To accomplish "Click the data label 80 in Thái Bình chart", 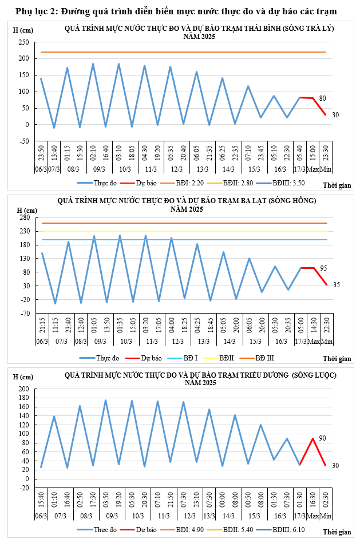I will (322, 98).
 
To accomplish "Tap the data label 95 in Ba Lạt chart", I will (323, 268).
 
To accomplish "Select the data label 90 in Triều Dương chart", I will (322, 438).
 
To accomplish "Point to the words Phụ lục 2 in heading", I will (35, 11).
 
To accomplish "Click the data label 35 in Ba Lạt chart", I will (336, 285).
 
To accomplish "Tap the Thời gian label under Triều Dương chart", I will (337, 532).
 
